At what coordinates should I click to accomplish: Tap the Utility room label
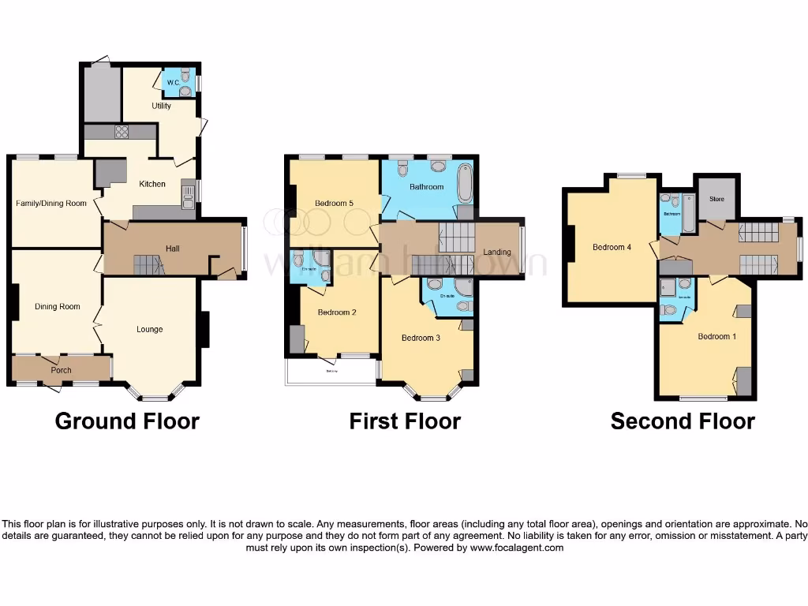point(161,106)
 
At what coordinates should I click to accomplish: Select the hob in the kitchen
point(122,132)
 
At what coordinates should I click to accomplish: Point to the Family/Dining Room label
point(51,204)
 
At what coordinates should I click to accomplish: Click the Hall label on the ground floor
point(172,249)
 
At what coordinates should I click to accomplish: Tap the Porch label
point(61,370)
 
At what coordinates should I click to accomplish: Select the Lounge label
point(149,329)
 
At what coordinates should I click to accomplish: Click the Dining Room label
point(58,306)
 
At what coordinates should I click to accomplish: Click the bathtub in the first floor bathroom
point(462,181)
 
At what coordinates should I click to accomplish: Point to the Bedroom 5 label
point(334,204)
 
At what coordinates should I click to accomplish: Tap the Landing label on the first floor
point(497,252)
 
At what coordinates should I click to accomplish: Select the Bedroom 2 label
point(337,312)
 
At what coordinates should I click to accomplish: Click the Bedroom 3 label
point(421,338)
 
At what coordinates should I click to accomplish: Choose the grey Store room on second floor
point(716,197)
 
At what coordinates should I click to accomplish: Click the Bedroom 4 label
point(612,247)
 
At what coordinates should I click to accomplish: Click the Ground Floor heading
point(127,421)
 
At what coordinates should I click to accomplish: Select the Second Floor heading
point(683,421)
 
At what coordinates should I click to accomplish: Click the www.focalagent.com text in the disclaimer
point(516,548)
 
